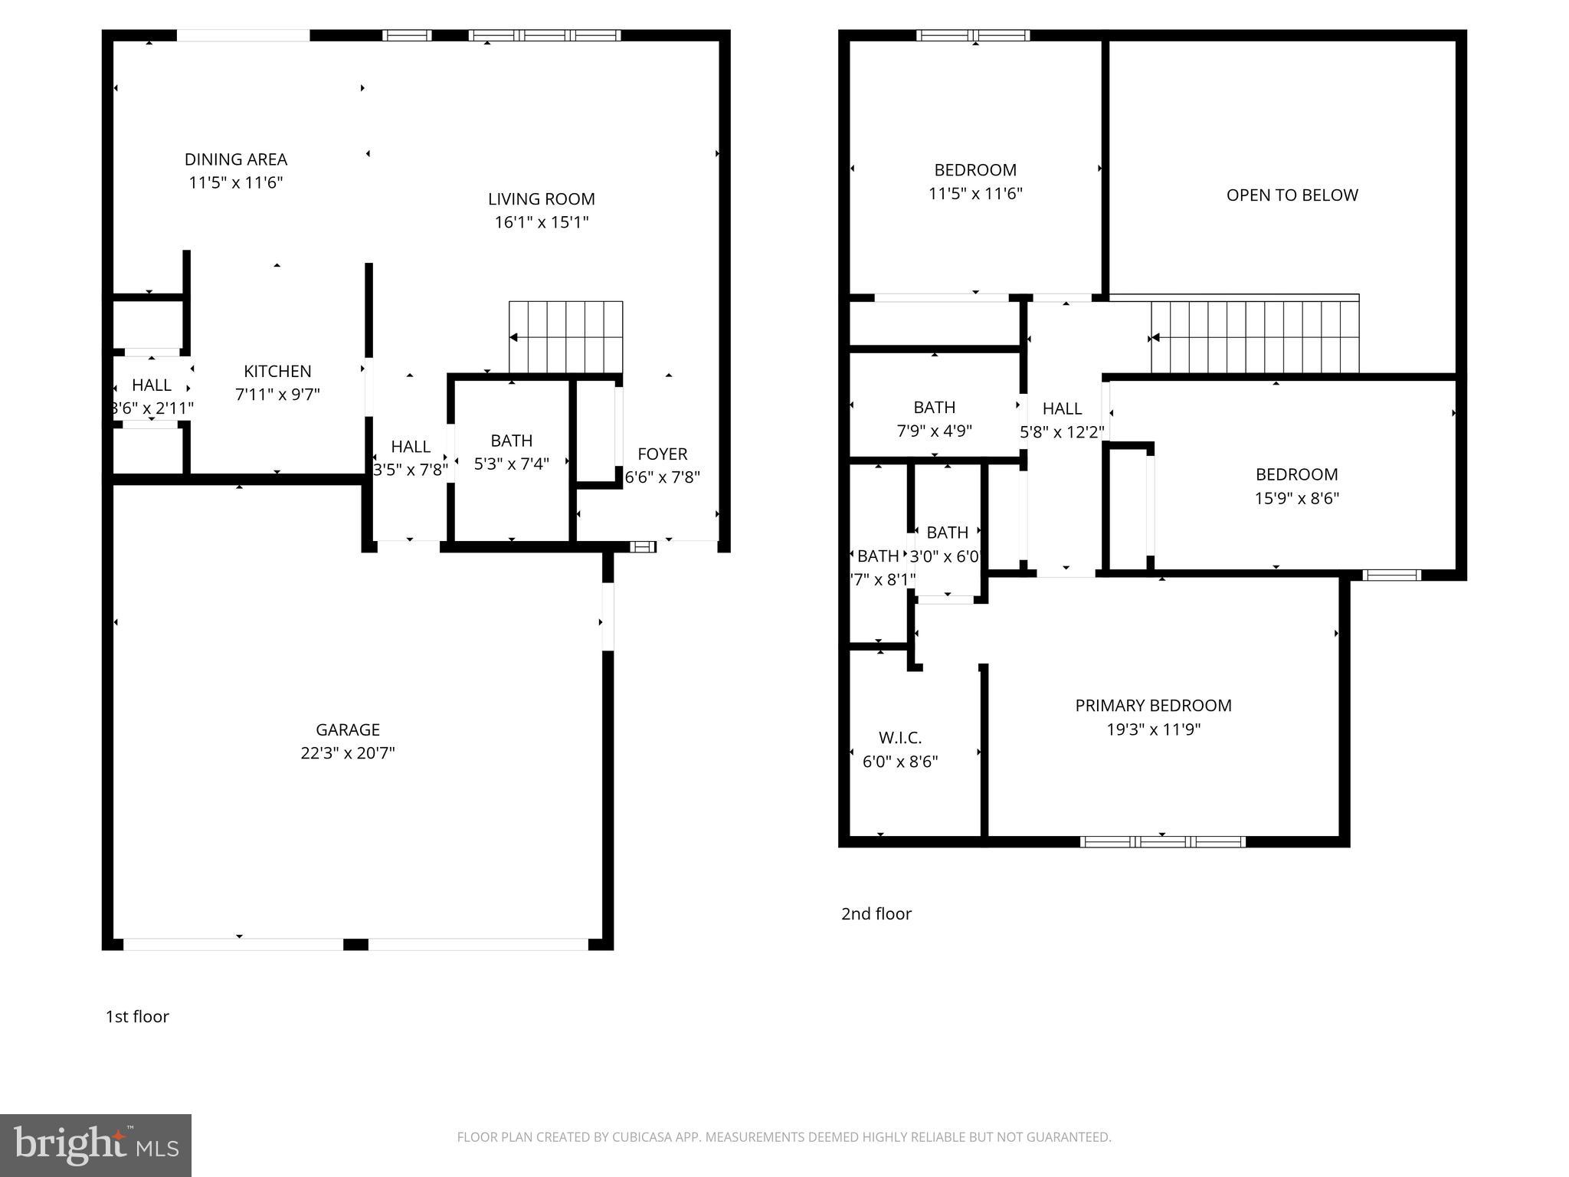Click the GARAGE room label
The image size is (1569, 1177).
tap(347, 729)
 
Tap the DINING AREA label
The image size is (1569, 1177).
tap(236, 159)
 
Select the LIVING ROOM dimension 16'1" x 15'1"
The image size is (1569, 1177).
tap(542, 222)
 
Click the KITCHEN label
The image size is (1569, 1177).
tap(277, 371)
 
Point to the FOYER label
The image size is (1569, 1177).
tap(662, 454)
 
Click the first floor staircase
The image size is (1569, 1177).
tap(566, 336)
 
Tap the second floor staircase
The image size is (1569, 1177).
tap(1255, 337)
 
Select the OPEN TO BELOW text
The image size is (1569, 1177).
tap(1292, 195)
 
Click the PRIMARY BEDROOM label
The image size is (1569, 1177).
tap(1153, 706)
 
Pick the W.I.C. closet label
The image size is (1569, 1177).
tap(900, 738)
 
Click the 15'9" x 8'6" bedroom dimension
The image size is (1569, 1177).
tap(1296, 498)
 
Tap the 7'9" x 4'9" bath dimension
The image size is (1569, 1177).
tap(934, 431)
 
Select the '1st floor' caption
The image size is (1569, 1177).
tap(137, 1016)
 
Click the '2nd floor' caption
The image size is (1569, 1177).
tap(876, 913)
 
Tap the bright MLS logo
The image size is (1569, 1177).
tap(96, 1146)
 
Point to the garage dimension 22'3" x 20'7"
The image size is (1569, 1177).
tap(347, 752)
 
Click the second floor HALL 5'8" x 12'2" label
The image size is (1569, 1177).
tap(1062, 420)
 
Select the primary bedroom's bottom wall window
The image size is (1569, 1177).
tap(1162, 841)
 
